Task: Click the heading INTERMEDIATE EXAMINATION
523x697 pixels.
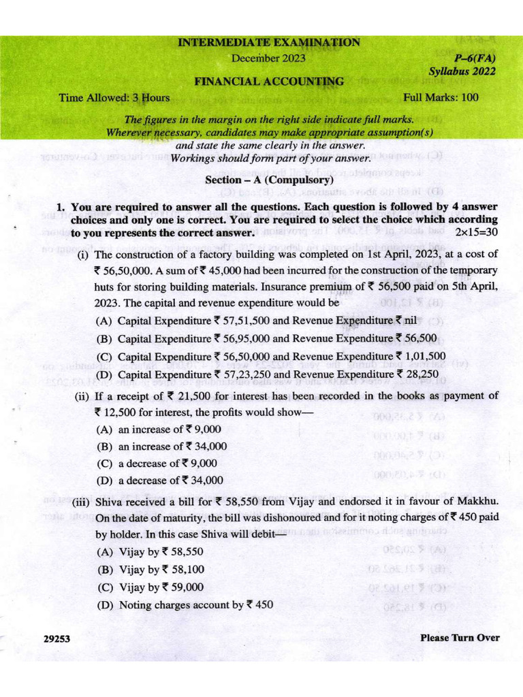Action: (x=269, y=43)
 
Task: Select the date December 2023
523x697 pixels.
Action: (x=268, y=58)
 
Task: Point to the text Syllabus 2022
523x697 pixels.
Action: (x=462, y=71)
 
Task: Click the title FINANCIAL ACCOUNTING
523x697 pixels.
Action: (x=269, y=82)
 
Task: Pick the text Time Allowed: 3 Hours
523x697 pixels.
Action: (x=114, y=97)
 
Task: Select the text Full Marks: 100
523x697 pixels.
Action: (x=441, y=97)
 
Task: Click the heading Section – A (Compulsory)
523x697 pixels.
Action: (x=269, y=180)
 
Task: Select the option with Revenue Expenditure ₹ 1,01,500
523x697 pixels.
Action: (x=271, y=356)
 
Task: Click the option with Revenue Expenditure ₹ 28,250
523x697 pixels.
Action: (x=268, y=374)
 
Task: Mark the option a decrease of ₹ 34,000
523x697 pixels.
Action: (x=160, y=480)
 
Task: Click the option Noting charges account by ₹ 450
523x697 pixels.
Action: (x=185, y=604)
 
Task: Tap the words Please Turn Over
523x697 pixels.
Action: (x=460, y=638)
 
